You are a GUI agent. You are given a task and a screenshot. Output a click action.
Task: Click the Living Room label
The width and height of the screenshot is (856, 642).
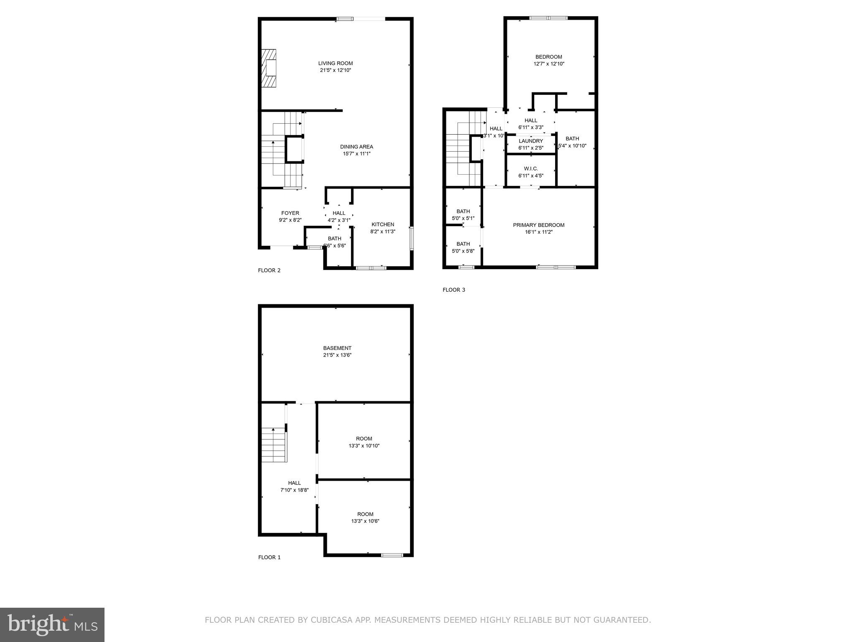[335, 64]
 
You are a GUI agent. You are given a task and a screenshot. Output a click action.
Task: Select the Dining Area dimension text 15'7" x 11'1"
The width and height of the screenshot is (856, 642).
[357, 154]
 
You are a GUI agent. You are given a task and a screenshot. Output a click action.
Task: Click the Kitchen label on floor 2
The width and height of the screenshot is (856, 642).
[382, 224]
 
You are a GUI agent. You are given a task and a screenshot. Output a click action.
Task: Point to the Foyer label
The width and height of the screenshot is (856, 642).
[290, 213]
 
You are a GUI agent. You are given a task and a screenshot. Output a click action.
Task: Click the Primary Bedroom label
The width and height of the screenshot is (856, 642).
[538, 225]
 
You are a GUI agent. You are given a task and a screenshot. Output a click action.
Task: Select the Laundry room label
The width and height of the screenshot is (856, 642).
[530, 141]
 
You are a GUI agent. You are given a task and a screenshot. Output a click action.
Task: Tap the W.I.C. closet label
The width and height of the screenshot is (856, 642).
[530, 169]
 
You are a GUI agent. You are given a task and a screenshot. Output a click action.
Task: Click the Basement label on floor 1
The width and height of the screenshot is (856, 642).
[337, 348]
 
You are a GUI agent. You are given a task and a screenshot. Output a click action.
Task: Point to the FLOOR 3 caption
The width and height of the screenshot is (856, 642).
[453, 290]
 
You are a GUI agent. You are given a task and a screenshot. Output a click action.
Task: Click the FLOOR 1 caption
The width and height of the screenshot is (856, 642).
[269, 557]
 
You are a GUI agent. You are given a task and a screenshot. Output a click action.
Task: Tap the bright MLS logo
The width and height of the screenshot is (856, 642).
[52, 625]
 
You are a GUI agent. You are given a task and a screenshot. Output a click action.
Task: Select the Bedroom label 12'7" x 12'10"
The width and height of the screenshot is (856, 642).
[548, 57]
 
